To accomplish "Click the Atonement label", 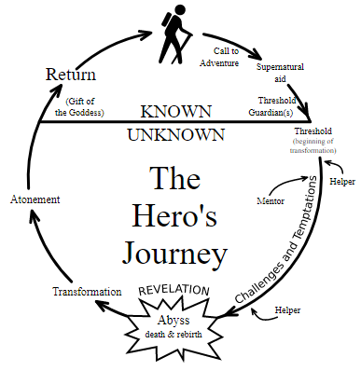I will click(x=35, y=199).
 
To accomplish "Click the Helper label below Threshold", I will click(x=341, y=181).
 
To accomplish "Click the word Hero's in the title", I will click(x=178, y=213).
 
